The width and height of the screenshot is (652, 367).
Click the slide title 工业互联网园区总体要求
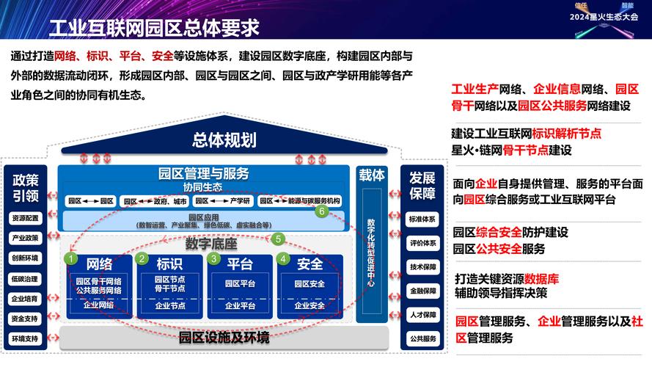point(153,28)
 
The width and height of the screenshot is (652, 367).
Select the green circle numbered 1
point(70,259)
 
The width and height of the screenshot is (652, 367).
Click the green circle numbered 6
point(321,211)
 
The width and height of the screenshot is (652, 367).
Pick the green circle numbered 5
point(278,239)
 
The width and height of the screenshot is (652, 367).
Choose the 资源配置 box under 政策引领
point(25,218)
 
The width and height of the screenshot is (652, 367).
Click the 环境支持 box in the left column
point(25,338)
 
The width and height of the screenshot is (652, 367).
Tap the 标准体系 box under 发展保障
point(422,219)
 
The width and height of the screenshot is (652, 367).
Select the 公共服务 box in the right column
point(422,338)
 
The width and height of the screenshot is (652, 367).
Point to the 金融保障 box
point(422,291)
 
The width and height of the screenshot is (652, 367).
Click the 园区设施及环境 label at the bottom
point(224,338)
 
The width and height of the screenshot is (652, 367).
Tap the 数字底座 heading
point(211,243)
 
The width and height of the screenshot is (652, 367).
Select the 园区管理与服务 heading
point(204,174)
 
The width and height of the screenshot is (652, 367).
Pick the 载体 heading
point(371,175)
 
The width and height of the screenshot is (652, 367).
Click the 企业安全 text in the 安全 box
point(309,305)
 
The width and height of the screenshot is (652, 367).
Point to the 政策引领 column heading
point(25,186)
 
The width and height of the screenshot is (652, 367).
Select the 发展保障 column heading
point(422,186)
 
